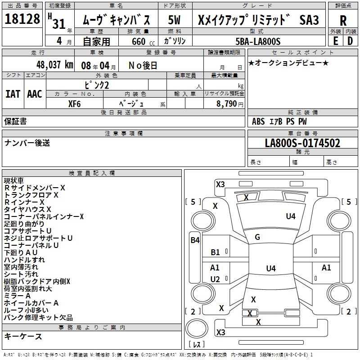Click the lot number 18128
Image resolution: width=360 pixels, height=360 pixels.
click(x=22, y=20)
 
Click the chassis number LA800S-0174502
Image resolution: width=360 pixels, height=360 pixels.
click(x=302, y=144)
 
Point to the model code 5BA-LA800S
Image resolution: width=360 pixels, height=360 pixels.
click(x=258, y=41)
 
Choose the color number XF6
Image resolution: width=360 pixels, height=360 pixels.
click(x=75, y=103)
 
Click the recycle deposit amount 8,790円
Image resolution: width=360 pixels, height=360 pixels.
click(x=230, y=103)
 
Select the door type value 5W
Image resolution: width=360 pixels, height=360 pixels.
click(x=175, y=20)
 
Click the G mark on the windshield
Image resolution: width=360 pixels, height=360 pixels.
click(x=257, y=237)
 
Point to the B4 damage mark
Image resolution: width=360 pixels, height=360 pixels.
click(x=194, y=240)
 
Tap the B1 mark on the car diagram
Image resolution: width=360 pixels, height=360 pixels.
click(x=216, y=252)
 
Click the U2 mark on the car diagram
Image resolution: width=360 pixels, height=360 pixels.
click(x=215, y=279)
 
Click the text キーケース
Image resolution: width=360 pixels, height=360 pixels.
click(x=23, y=337)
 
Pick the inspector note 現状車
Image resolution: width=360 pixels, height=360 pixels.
click(x=15, y=180)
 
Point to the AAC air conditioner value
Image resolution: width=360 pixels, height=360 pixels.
click(x=34, y=94)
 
